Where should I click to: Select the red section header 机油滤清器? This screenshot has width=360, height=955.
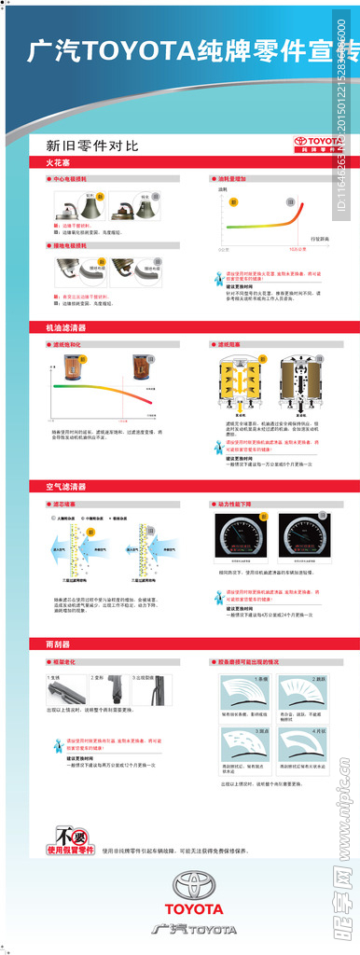pyautogui.click(x=67, y=328)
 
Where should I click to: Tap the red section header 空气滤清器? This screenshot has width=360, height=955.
pyautogui.click(x=67, y=486)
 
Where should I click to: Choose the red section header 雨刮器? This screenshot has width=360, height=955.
pyautogui.click(x=59, y=644)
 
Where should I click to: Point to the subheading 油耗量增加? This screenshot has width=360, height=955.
pyautogui.click(x=234, y=177)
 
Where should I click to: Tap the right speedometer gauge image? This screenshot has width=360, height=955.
pyautogui.click(x=305, y=540)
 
